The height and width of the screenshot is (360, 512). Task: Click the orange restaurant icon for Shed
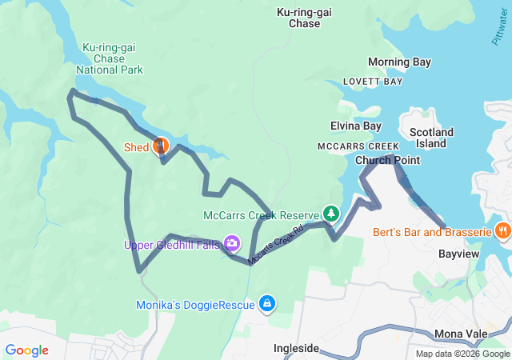click(161, 146)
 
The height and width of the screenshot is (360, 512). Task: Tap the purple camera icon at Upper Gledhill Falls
click(232, 242)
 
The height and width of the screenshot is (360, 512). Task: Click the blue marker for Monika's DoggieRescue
click(267, 303)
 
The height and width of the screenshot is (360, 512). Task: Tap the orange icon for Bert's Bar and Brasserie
click(502, 231)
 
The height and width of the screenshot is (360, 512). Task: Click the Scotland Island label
click(431, 138)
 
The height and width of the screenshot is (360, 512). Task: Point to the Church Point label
click(387, 160)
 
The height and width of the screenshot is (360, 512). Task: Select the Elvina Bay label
click(356, 126)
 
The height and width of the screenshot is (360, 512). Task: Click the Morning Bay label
click(399, 62)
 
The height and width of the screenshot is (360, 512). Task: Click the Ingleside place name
click(296, 349)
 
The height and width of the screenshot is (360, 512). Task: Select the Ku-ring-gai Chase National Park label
click(110, 58)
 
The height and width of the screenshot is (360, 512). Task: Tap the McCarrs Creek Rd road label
click(276, 245)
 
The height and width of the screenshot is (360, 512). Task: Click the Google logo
click(26, 350)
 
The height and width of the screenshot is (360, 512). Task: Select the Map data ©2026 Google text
click(462, 354)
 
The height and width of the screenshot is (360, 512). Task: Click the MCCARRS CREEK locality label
click(358, 146)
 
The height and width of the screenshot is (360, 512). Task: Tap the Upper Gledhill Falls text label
click(171, 245)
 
